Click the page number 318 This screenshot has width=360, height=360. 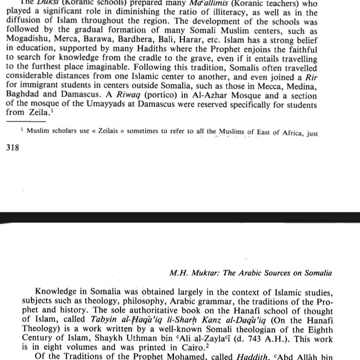(x=13, y=148)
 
